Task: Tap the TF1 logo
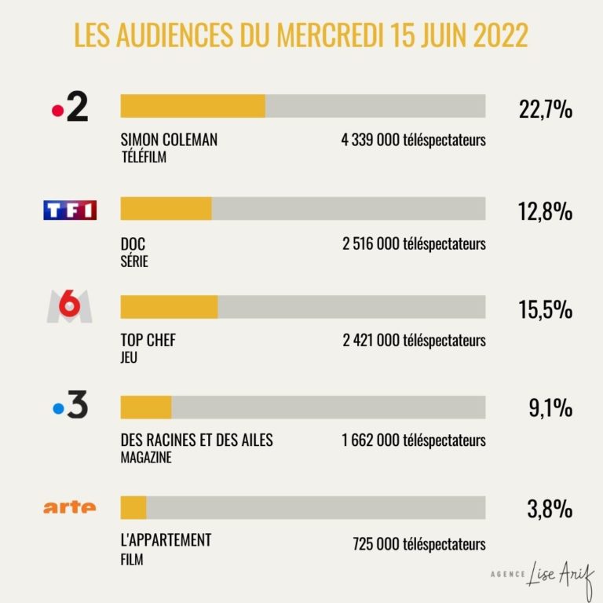click(70, 210)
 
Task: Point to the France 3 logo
click(70, 407)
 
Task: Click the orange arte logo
click(70, 507)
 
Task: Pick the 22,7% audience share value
click(546, 109)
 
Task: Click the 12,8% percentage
click(546, 211)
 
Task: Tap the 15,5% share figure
click(546, 309)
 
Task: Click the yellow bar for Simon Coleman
click(192, 106)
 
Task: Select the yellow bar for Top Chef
click(169, 307)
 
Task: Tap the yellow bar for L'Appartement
click(133, 508)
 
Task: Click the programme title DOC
click(133, 244)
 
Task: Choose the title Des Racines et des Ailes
click(196, 440)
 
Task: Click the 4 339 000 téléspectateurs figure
click(414, 141)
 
